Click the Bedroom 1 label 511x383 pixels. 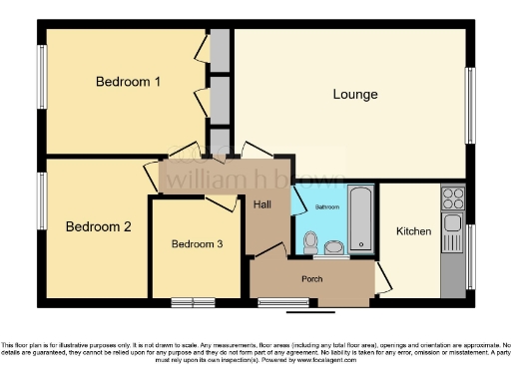128,82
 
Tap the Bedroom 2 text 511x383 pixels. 98,226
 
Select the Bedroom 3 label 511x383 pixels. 197,243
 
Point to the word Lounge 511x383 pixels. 355,95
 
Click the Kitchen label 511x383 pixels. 414,231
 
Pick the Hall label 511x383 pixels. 262,204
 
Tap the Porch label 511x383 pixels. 311,279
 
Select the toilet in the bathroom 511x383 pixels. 310,240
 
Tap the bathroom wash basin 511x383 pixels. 333,245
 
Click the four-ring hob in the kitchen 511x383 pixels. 453,196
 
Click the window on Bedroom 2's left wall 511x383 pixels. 42,199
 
